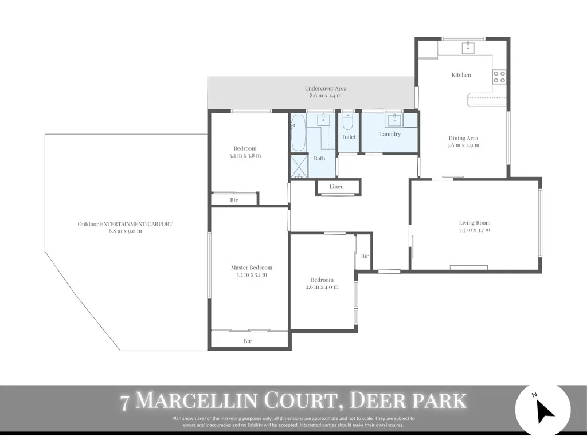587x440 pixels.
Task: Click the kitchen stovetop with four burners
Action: [499, 77]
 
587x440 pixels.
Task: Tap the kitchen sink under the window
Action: [468, 46]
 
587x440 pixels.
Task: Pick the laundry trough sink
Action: [394, 119]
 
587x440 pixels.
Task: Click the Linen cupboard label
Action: [337, 187]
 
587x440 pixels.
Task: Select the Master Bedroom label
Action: [252, 268]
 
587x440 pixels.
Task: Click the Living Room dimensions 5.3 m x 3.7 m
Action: [475, 230]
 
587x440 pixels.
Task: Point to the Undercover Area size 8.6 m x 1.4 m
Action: [326, 96]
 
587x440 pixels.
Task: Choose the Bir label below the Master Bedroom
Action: [248, 341]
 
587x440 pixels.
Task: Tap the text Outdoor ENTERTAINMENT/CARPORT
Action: [125, 224]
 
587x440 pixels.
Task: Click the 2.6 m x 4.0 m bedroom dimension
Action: [322, 287]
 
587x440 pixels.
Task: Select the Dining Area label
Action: [463, 138]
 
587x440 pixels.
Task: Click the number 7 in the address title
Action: [125, 401]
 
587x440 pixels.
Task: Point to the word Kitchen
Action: [461, 75]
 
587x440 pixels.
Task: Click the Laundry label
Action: [390, 134]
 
